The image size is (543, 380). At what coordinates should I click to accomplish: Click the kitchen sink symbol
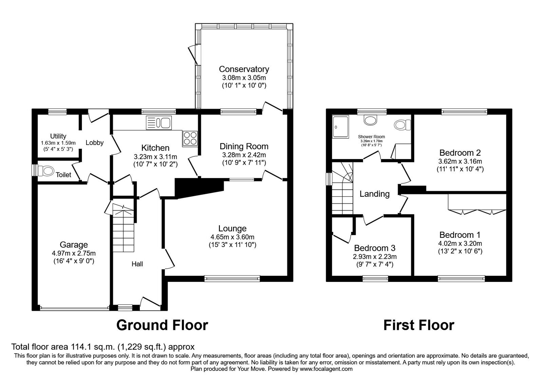[159, 122]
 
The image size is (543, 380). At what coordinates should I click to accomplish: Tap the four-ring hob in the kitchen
[190, 138]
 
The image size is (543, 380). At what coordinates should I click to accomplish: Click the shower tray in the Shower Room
[341, 127]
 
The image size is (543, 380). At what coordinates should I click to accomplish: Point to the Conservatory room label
[244, 69]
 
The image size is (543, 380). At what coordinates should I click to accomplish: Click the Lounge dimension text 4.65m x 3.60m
[232, 237]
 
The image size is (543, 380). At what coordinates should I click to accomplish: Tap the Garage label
[74, 245]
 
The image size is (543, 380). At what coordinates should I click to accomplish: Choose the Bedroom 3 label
[375, 248]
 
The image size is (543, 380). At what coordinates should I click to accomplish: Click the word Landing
[374, 194]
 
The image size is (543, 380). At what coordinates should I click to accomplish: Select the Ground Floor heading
[162, 325]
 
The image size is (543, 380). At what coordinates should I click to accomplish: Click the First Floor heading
[419, 325]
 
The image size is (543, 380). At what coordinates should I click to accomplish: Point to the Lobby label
[95, 143]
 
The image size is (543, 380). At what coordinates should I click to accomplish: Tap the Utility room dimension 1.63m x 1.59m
[58, 143]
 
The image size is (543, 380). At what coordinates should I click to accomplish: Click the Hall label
[137, 264]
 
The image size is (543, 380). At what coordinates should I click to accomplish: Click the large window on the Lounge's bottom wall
[232, 279]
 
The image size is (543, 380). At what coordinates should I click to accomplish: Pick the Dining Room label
[244, 146]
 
